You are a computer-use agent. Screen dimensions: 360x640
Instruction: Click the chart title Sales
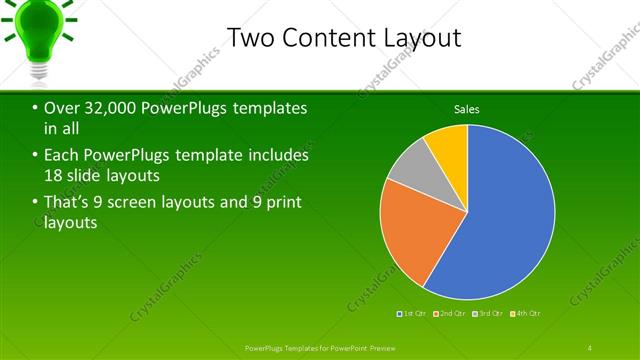[x=467, y=108]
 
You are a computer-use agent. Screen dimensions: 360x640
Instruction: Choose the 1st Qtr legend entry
[x=410, y=314]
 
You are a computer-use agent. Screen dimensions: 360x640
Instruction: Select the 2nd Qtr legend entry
[x=448, y=314]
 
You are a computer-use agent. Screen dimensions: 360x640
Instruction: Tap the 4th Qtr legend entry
[x=524, y=314]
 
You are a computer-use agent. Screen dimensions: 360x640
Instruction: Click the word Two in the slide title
[x=250, y=38]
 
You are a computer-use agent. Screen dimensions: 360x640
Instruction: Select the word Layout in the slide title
[x=421, y=38]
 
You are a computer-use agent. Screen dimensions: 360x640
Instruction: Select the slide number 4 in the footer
[x=589, y=347]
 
